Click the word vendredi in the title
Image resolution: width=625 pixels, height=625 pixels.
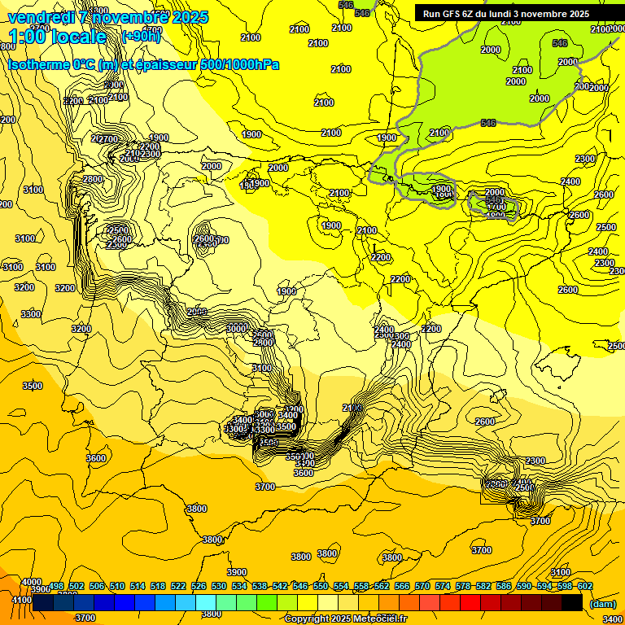coord(36,17)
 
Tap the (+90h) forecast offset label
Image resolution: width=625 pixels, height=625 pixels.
coord(140,37)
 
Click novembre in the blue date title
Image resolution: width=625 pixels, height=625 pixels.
coord(127,17)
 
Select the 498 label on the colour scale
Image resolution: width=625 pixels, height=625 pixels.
coord(57,586)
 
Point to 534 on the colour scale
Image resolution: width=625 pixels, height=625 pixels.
coord(239,586)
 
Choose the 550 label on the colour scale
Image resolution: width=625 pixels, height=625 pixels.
coord(321,586)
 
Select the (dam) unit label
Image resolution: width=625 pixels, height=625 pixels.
coord(602,603)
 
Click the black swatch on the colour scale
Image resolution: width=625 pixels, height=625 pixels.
coord(572,603)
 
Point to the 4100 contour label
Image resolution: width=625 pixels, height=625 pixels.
coord(22,601)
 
